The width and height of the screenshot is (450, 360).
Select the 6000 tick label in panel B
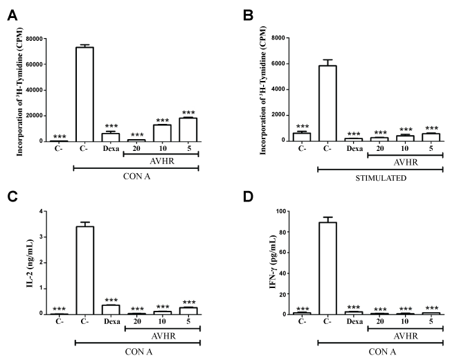pyautogui.click(x=281, y=64)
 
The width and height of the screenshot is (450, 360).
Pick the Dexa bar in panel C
pyautogui.click(x=110, y=309)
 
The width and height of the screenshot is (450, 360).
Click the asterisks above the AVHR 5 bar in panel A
pyautogui.click(x=188, y=111)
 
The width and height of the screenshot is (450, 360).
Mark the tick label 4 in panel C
pyautogui.click(x=61, y=210)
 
